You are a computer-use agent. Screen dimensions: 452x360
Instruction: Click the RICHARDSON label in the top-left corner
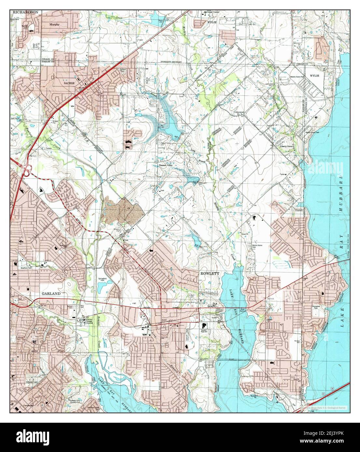click(26, 12)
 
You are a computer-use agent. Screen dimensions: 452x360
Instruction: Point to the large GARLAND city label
click(51, 293)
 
